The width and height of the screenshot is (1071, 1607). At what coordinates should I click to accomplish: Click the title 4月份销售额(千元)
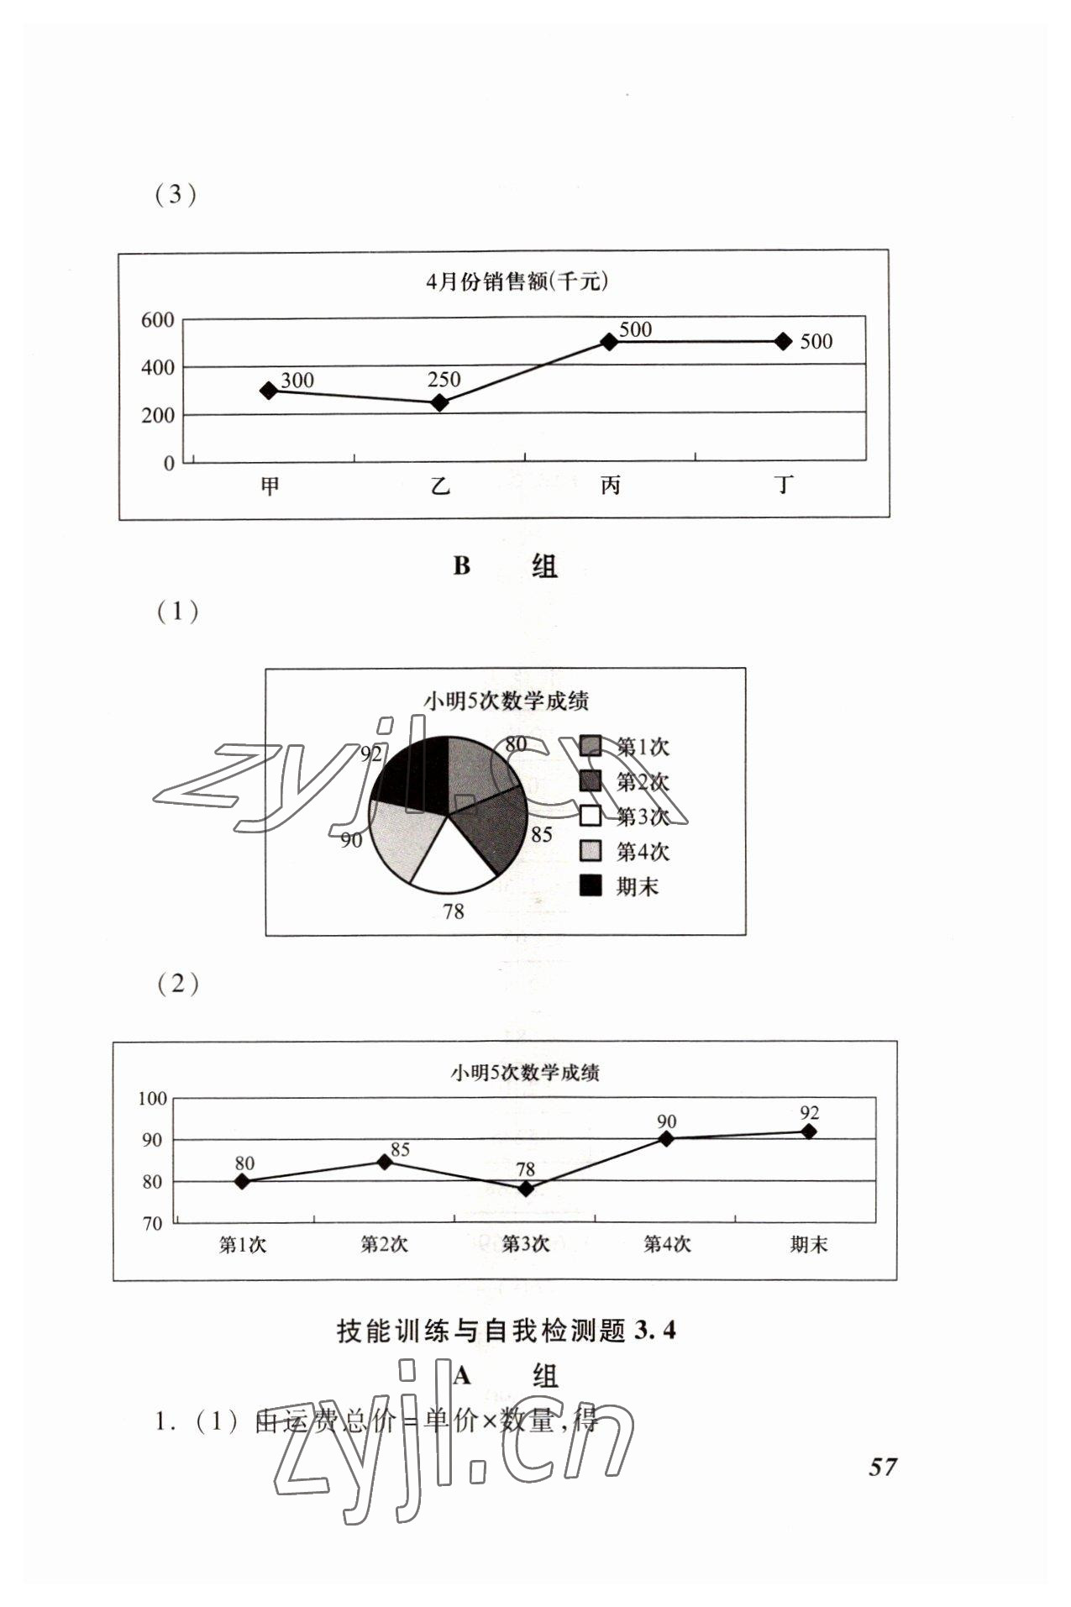point(516,281)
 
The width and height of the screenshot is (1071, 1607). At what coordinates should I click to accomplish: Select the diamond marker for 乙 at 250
point(439,402)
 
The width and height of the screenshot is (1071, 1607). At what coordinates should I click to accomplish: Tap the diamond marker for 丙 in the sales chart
point(609,341)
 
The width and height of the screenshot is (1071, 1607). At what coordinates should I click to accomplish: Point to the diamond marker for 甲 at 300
point(269,390)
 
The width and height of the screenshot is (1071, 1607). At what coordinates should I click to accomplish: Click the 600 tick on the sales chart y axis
point(157,320)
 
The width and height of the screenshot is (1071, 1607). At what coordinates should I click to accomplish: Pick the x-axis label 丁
point(784,486)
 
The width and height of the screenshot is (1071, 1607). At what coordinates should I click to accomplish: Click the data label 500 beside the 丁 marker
point(816,342)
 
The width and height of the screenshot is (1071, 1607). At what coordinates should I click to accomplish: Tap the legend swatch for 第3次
point(591,816)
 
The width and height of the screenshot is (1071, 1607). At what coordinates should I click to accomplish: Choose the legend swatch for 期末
point(591,885)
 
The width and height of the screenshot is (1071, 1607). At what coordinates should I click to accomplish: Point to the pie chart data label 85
point(542,834)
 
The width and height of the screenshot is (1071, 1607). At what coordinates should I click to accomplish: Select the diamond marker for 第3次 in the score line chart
point(526,1189)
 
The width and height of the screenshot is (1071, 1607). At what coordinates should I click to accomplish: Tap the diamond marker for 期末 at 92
point(809,1132)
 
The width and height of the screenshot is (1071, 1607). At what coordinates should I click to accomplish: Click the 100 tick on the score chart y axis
point(153,1098)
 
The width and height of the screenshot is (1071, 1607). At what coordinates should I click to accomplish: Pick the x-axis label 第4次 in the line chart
point(667,1245)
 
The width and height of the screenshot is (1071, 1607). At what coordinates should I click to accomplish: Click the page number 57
point(883,1467)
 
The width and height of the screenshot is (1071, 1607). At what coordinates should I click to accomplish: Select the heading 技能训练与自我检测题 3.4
point(506,1331)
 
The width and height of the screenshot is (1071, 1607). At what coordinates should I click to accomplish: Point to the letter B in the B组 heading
point(461,566)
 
